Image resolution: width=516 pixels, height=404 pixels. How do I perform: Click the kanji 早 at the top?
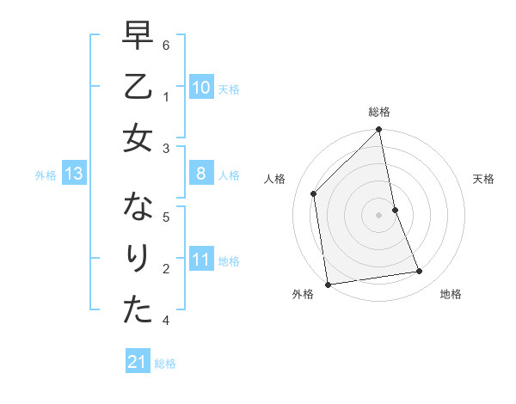pos(138,36)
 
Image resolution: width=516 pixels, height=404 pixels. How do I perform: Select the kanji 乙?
pos(138,87)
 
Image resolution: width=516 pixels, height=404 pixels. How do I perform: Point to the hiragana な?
pos(138,208)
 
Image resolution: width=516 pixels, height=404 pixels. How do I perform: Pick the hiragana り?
pos(138,259)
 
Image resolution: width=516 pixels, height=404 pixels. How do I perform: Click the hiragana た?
pos(138,310)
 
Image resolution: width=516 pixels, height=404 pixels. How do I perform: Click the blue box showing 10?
pos(200,88)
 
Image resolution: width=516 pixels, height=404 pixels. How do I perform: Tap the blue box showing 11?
pos(200,260)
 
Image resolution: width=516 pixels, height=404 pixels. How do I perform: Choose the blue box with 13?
pos(73,174)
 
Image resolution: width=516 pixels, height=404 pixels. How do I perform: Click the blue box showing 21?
pos(137,363)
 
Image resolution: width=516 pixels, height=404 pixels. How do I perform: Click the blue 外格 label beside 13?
pos(46,175)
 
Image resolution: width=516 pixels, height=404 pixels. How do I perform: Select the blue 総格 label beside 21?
pos(165,364)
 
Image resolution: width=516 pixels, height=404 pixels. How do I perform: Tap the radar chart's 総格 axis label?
pos(379,112)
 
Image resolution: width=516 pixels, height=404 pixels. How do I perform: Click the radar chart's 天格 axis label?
pos(484,179)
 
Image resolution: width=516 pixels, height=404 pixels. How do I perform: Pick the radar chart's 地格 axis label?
pos(451,294)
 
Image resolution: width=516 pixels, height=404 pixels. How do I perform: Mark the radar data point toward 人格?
pos(314,193)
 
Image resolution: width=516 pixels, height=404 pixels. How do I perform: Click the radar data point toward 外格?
pos(328,285)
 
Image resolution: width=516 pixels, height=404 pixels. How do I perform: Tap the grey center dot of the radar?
pos(379,215)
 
